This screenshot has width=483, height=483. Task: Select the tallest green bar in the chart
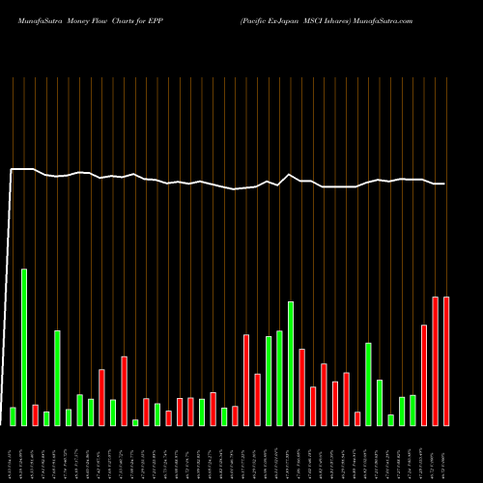[x=24, y=347]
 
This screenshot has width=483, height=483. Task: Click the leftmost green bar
[x=13, y=416]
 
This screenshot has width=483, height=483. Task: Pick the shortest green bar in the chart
[x=135, y=422]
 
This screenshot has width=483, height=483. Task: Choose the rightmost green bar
[x=412, y=411]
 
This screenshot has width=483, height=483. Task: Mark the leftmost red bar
[x=35, y=415]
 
